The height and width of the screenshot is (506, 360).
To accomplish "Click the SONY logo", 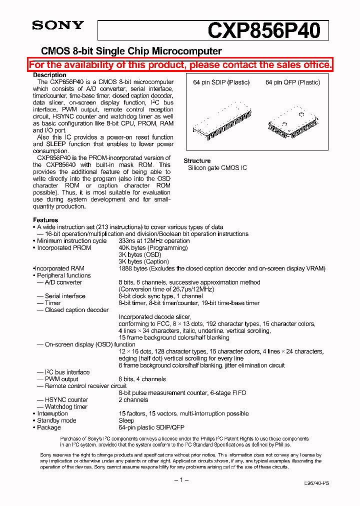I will coord(58,25).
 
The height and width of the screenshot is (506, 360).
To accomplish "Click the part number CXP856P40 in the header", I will coord(263,31).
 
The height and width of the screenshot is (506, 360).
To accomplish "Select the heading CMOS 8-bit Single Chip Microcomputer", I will coord(131,51).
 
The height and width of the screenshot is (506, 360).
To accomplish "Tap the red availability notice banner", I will coord(180,65).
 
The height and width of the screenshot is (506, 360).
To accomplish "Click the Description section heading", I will coord(49,75).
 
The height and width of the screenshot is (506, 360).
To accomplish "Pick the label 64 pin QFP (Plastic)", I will coord(292,82).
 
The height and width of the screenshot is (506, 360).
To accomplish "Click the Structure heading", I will coord(197,161).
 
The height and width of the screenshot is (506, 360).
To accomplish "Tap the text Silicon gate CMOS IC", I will coord(217,168).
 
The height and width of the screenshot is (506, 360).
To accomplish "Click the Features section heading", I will coord(45,220).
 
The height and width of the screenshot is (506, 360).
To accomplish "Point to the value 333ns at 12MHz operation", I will coord(154,241).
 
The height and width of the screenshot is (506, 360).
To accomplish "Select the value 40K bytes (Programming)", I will coord(153,248).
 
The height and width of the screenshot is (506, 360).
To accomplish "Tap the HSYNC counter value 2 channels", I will coord(133,400).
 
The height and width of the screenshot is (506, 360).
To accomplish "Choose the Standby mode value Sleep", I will coord(126,420).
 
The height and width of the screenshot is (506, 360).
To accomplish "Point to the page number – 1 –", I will coord(181,480).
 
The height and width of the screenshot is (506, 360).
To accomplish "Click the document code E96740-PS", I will coord(316,483).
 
